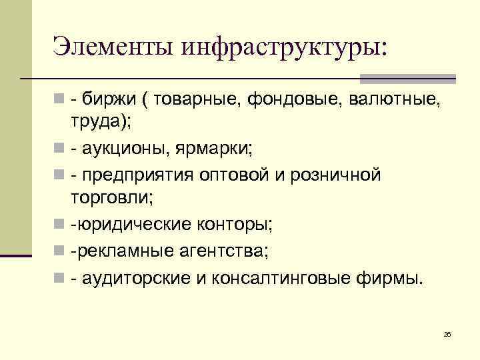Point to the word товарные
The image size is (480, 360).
(x=199, y=99)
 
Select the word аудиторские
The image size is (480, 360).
(x=136, y=277)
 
